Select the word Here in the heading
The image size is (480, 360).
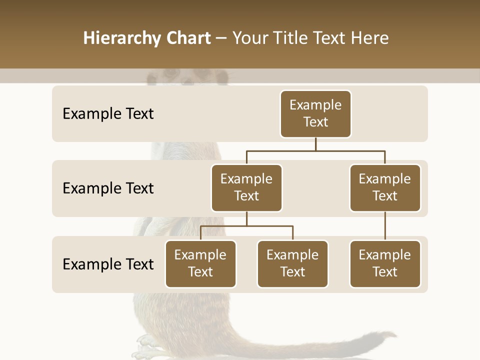[370, 38]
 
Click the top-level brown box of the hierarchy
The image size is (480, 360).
[315, 114]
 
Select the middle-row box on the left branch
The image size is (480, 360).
[246, 188]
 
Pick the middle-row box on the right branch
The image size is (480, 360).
[385, 188]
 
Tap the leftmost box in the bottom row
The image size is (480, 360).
[200, 264]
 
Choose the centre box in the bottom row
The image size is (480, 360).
[292, 264]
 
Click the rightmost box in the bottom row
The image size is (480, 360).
[385, 264]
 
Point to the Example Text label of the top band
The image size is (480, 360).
[108, 114]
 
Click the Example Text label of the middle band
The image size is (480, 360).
[108, 188]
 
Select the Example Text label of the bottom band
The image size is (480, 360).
[108, 264]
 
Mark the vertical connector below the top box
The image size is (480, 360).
[315, 144]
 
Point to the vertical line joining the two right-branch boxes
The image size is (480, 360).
[385, 226]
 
